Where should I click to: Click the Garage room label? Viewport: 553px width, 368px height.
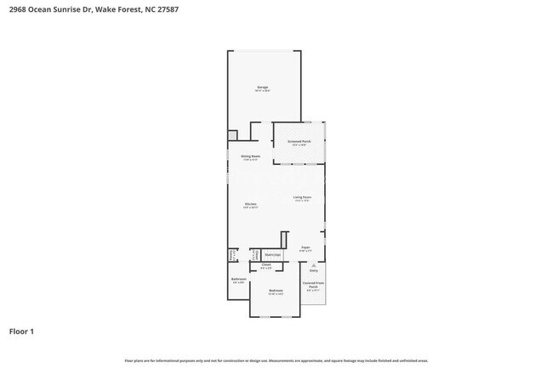point(263,88)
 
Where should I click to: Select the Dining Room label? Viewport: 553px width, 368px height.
point(250,156)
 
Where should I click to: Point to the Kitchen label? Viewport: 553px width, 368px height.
point(251,204)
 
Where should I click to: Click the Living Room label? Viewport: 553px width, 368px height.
point(302,198)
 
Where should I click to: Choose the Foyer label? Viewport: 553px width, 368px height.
point(305,248)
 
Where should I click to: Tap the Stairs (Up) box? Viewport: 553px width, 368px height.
point(272,254)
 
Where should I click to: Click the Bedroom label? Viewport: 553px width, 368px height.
point(276,292)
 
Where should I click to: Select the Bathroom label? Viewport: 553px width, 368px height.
point(239,279)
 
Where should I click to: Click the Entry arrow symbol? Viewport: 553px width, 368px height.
point(313,266)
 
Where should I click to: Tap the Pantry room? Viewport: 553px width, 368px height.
point(231,254)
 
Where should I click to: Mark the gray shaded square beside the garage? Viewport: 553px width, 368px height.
point(232,135)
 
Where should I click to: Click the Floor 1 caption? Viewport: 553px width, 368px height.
point(22,331)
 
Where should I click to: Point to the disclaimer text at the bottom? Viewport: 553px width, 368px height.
point(276,360)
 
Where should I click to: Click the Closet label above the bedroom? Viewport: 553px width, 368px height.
point(266,266)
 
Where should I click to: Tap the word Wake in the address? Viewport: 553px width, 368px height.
point(105,9)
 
